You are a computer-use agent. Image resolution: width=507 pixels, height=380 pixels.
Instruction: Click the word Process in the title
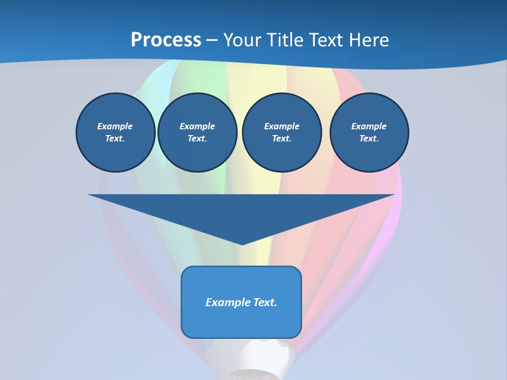pos(166,40)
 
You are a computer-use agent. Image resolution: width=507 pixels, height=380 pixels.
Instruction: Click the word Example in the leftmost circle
pos(115,126)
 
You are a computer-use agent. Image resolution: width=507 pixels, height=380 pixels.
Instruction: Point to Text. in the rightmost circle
pos(369,138)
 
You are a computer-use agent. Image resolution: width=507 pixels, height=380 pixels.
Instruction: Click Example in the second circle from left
pos(197,126)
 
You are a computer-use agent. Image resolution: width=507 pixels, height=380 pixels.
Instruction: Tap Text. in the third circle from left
pos(281,138)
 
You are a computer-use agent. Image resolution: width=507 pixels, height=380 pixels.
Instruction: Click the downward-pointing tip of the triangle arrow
pos(242,243)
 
